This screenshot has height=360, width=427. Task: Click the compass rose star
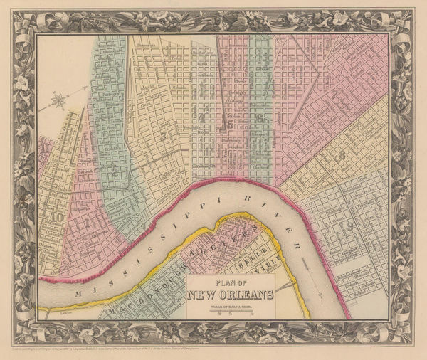(58, 100)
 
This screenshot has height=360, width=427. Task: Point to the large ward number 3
(164, 134)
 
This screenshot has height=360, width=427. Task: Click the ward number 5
(229, 125)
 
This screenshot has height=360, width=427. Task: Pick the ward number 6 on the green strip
(260, 118)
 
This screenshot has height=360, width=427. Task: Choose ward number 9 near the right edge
(348, 226)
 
